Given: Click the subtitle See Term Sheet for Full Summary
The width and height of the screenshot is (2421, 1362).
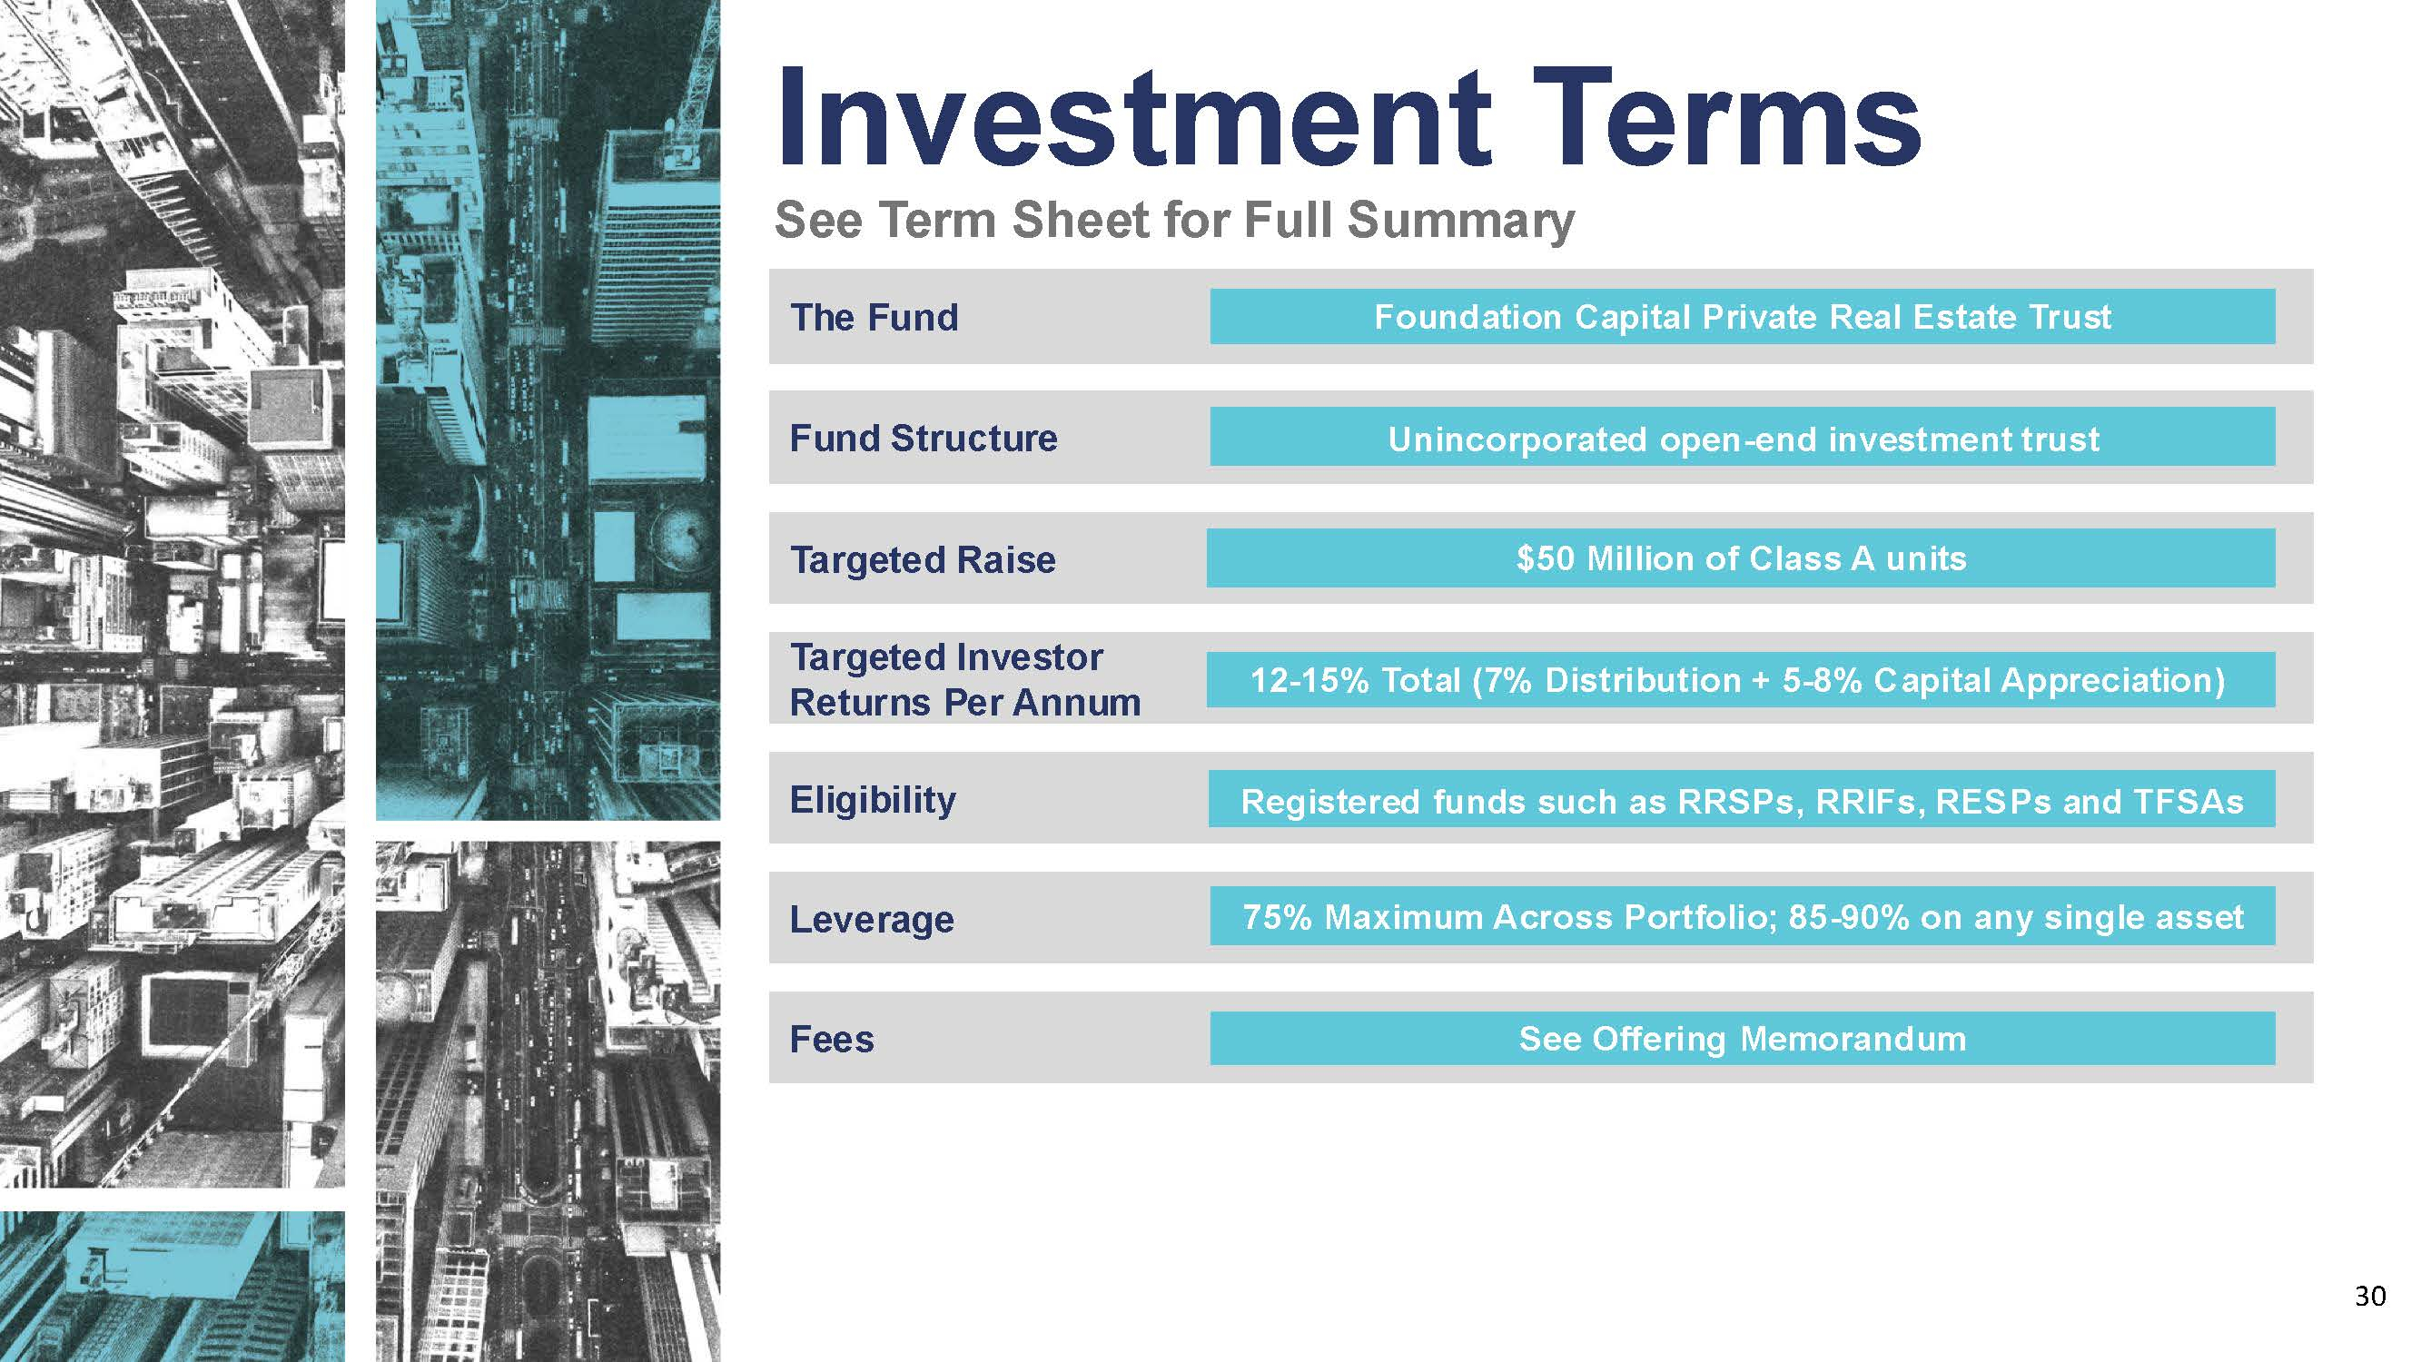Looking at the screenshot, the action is click(1175, 221).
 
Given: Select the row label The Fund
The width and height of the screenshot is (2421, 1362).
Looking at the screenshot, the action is click(874, 318).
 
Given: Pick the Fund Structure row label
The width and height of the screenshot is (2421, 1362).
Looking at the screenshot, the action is click(924, 438).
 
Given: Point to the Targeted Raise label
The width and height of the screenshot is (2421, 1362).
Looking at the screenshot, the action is click(923, 560).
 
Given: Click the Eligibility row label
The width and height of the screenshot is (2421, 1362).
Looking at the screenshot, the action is click(873, 801).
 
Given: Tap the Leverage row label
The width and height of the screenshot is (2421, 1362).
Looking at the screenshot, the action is click(872, 919).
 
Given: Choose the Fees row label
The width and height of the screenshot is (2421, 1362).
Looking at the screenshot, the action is click(832, 1040).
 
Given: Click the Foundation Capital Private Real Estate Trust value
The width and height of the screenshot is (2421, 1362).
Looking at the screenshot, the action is click(1743, 317).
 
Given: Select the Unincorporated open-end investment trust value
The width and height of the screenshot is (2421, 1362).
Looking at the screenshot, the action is click(1744, 439).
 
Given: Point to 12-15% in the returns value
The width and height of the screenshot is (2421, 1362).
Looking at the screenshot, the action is click(1309, 679).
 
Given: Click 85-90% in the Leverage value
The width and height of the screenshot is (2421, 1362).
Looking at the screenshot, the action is click(1849, 916).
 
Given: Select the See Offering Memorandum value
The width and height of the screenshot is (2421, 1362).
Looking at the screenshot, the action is click(1743, 1039).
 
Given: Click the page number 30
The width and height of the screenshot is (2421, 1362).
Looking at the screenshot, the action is click(2370, 1297).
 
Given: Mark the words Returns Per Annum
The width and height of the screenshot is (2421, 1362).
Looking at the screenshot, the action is click(965, 703).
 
